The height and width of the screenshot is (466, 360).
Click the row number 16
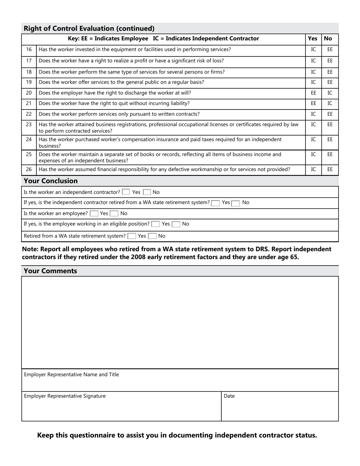pos(29,49)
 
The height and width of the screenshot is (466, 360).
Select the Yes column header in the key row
pos(313,38)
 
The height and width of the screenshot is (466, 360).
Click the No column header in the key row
pos(328,38)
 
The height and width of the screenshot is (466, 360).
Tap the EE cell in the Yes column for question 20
pos(313,93)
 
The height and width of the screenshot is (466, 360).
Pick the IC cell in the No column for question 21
pos(330,103)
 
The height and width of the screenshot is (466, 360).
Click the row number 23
pos(29,124)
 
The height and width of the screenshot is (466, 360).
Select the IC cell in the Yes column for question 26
pos(313,169)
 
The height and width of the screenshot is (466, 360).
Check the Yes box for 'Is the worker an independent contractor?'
pos(126,192)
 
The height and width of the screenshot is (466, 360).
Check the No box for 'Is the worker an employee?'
pos(114,214)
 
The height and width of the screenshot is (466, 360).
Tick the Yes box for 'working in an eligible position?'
pos(155,224)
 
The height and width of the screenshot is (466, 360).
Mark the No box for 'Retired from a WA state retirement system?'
pos(152,236)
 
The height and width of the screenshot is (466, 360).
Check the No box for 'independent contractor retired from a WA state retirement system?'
pos(236,203)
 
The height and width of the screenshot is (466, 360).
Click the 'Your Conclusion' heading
pos(51,181)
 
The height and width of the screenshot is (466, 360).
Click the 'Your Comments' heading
pos(50,271)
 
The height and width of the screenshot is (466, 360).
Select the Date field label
pos(229,396)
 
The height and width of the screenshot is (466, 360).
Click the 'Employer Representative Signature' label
pos(65,396)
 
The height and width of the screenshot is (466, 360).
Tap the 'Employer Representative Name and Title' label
pos(71,374)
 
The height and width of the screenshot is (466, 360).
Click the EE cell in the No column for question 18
pos(330,72)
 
